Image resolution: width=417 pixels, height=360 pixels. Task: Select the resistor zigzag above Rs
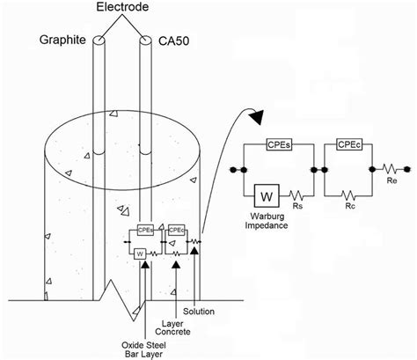(x=298, y=195)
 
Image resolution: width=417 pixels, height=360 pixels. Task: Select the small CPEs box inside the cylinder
(x=145, y=229)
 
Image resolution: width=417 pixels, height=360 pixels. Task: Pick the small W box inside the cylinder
(x=140, y=254)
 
